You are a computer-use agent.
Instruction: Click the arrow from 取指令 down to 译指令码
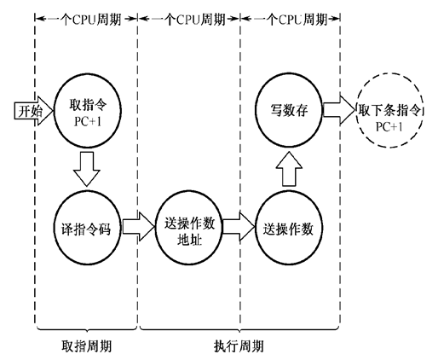pyautogui.click(x=84, y=168)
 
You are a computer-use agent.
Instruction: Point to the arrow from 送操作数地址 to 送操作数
pyautogui.click(x=241, y=228)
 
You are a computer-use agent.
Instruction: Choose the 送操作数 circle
pyautogui.click(x=286, y=228)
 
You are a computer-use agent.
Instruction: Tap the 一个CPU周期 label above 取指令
pyautogui.click(x=86, y=17)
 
